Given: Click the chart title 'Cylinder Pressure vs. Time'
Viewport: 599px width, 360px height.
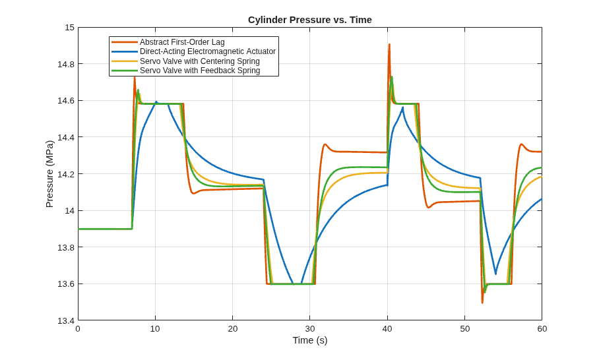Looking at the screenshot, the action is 310,20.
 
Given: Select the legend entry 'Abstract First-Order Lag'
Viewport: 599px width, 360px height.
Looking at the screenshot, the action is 182,42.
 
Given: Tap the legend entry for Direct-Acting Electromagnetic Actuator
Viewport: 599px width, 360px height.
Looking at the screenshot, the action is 208,51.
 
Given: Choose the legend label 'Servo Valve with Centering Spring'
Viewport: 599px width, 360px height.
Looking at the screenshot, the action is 200,61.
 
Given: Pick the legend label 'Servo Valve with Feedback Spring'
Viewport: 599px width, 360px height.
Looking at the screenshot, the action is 200,71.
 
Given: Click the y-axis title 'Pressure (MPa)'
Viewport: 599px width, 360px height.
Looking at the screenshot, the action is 49,174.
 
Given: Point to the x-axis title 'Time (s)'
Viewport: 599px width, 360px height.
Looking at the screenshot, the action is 310,340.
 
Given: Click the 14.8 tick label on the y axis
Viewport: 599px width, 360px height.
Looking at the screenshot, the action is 66,64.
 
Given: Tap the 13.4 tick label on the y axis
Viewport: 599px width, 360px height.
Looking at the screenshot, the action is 66,320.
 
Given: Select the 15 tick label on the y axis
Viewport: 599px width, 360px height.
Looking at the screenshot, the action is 69,28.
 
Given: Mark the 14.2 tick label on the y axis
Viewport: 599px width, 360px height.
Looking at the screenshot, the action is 66,174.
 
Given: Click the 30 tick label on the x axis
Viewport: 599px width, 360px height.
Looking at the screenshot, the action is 310,329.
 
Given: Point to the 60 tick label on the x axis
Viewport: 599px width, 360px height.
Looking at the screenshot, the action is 542,329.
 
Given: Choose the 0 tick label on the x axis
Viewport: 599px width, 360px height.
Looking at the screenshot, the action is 78,329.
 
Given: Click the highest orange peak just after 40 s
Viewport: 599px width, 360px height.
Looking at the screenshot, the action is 389,44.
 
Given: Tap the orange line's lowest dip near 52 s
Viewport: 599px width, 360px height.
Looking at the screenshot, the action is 482,303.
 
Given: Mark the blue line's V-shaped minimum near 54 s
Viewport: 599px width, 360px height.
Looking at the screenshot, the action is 495,274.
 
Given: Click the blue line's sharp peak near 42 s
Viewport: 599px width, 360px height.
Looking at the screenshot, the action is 402,107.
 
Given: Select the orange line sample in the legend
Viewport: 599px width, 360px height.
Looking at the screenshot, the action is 124,42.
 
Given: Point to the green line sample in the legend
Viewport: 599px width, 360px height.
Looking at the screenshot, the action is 124,71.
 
